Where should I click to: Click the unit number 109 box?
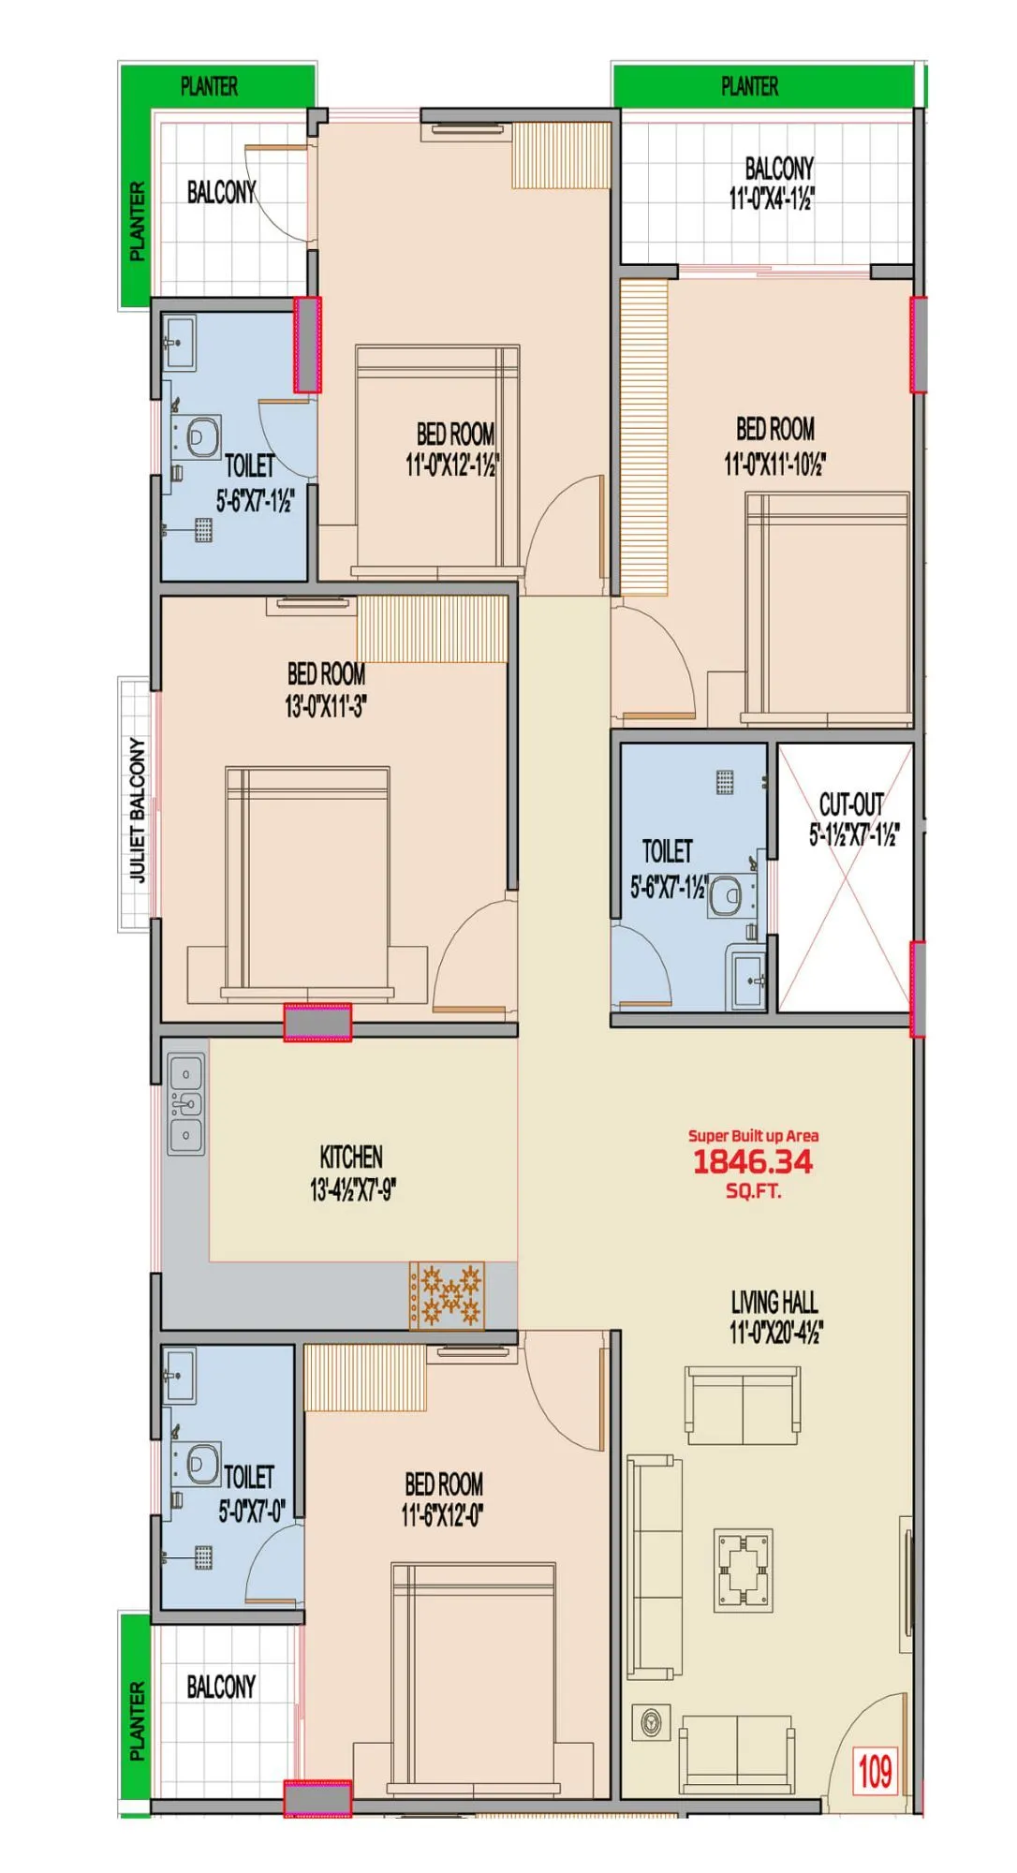pyautogui.click(x=875, y=1771)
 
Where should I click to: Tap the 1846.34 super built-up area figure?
pyautogui.click(x=753, y=1161)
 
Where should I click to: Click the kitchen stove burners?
pyautogui.click(x=448, y=1295)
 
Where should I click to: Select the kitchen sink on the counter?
pyautogui.click(x=186, y=1105)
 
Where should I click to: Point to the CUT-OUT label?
pyautogui.click(x=850, y=804)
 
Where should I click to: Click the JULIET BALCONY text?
pyautogui.click(x=138, y=809)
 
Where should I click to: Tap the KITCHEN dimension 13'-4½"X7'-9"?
pyautogui.click(x=353, y=1190)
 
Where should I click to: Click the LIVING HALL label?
pyautogui.click(x=774, y=1303)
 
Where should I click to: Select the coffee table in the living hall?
pyautogui.click(x=744, y=1569)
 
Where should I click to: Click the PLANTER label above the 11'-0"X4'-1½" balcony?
pyautogui.click(x=749, y=87)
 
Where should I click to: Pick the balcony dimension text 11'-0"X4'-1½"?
pyautogui.click(x=772, y=199)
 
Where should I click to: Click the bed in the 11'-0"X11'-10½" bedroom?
pyautogui.click(x=827, y=609)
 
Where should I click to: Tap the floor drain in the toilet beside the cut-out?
pyautogui.click(x=725, y=782)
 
